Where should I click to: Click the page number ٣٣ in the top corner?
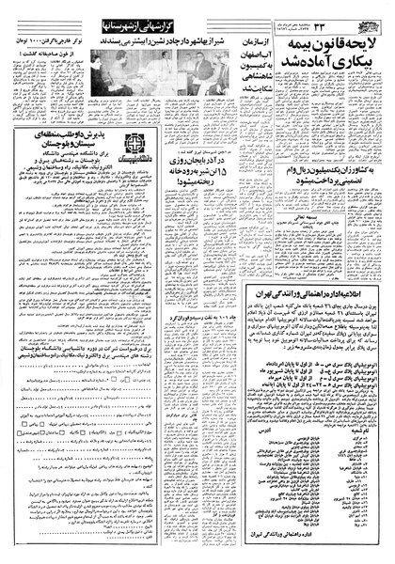[372, 16]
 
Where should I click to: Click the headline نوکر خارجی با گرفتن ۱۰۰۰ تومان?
[52, 40]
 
